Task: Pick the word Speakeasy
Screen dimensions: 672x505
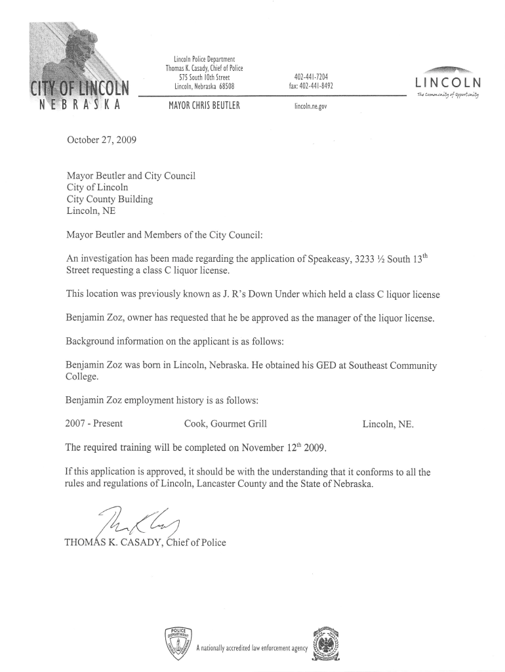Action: (x=328, y=259)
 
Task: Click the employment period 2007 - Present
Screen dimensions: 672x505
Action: (x=94, y=424)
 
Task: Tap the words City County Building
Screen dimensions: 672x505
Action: (x=110, y=199)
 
